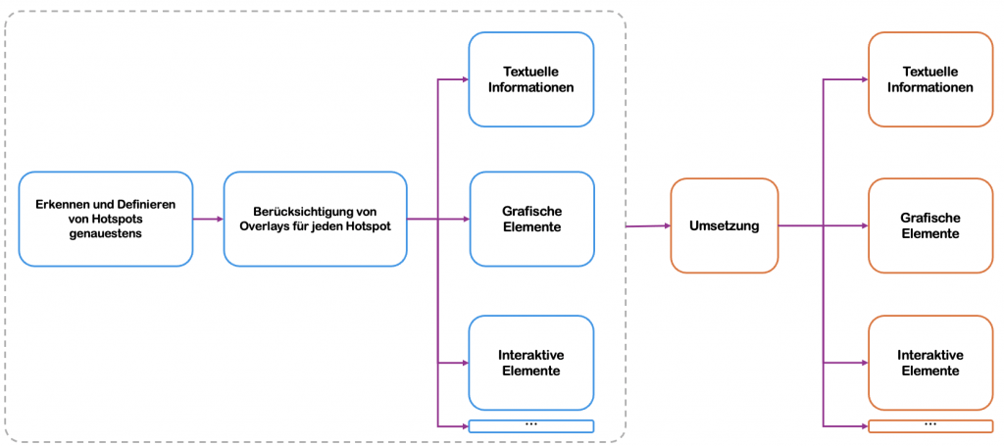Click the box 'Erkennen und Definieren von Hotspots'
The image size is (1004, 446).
tap(105, 219)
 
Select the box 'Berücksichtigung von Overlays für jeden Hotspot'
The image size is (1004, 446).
tap(315, 219)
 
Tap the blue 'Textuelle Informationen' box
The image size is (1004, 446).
tap(531, 79)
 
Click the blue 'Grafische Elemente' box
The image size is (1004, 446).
tap(531, 219)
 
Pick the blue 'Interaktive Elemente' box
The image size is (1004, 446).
tap(531, 363)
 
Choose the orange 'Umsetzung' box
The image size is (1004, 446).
tap(724, 225)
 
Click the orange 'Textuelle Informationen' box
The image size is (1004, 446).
tap(929, 79)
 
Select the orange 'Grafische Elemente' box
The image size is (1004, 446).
tap(929, 225)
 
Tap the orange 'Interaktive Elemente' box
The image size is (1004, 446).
tap(929, 363)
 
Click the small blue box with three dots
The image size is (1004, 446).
tap(531, 425)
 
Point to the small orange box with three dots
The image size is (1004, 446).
tap(929, 425)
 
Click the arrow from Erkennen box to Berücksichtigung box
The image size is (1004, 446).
tap(208, 219)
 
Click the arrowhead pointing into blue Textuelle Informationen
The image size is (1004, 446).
tap(465, 79)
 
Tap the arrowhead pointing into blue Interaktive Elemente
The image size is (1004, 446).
tap(465, 363)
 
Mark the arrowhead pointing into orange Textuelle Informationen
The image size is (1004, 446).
tap(864, 79)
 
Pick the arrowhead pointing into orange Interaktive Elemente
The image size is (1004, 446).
tap(864, 363)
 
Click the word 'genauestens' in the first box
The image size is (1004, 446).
tap(105, 234)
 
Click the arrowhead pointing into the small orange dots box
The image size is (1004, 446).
tap(864, 425)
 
